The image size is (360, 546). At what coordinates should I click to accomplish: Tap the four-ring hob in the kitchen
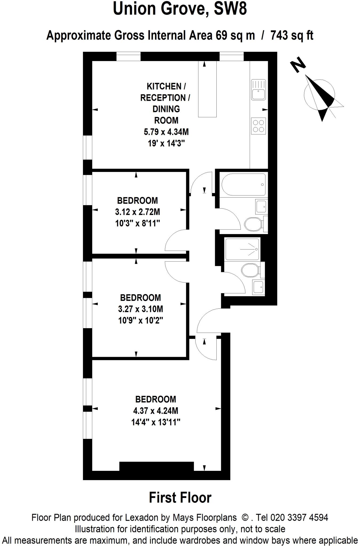pyautogui.click(x=258, y=126)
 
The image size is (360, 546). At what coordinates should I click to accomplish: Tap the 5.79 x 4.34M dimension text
pyautogui.click(x=166, y=132)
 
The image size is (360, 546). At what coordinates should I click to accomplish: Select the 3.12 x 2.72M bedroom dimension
pyautogui.click(x=137, y=212)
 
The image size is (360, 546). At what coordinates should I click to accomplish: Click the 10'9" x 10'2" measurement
pyautogui.click(x=140, y=320)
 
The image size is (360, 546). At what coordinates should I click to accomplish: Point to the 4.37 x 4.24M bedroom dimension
pyautogui.click(x=156, y=411)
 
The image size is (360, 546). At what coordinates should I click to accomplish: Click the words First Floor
pyautogui.click(x=180, y=497)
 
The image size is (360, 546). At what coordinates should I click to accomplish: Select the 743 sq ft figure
pyautogui.click(x=292, y=35)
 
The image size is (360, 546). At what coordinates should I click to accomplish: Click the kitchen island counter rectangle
pyautogui.click(x=207, y=89)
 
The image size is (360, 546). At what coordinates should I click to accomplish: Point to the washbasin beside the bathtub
pyautogui.click(x=261, y=206)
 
